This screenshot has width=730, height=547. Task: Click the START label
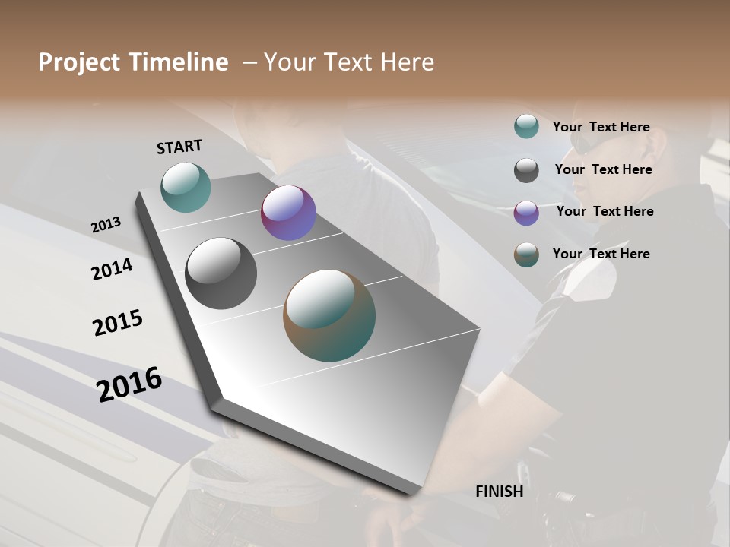[179, 147]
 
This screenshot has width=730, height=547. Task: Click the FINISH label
[500, 492]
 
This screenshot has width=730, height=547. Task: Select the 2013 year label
[106, 225]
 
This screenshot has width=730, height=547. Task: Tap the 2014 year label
[112, 269]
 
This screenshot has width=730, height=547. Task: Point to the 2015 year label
[118, 323]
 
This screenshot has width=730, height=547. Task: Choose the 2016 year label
[129, 384]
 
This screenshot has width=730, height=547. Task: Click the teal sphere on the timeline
[186, 187]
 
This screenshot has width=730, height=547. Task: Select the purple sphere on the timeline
[288, 213]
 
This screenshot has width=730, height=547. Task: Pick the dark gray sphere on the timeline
[221, 273]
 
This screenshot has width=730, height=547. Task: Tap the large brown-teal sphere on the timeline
[329, 315]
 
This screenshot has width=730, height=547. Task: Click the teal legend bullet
[526, 126]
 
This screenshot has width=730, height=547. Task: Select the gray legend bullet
[526, 170]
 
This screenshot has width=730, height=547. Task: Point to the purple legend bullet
[526, 213]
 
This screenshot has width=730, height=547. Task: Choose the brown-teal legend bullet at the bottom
[526, 255]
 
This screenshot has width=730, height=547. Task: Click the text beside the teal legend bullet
[601, 128]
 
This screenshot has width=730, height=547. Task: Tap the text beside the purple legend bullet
[605, 211]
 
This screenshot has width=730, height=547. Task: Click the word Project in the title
[79, 62]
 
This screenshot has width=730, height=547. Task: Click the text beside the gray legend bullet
[603, 169]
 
